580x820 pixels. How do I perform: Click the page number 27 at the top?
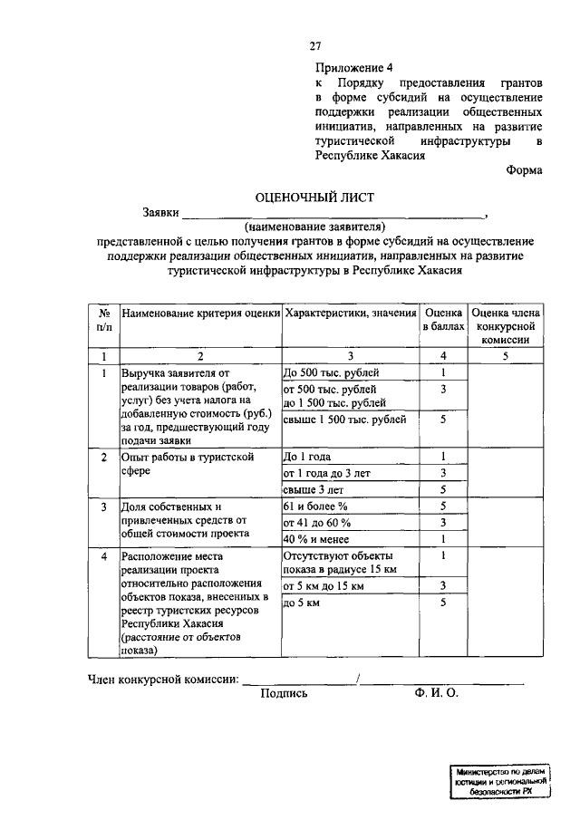[314, 46]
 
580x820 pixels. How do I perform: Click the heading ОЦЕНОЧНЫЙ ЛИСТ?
[314, 197]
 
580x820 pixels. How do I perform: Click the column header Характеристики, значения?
[350, 314]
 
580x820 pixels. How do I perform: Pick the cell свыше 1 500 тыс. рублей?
[345, 420]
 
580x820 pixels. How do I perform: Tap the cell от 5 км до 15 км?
[324, 586]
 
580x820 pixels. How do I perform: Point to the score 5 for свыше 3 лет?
[443, 489]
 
